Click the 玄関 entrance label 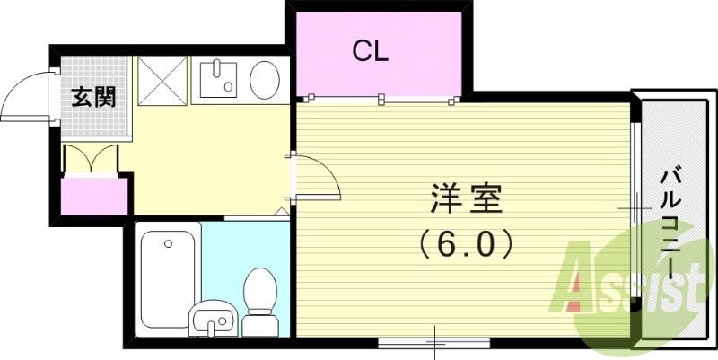(x=93, y=97)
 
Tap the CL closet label (x=369, y=51)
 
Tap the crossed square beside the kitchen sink (x=162, y=80)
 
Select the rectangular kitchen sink (x=216, y=80)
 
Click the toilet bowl (x=259, y=287)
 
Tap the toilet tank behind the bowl (x=259, y=321)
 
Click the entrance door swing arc (x=25, y=97)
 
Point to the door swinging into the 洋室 (x=319, y=176)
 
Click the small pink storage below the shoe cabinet (x=92, y=196)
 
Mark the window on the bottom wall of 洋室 (x=434, y=341)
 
